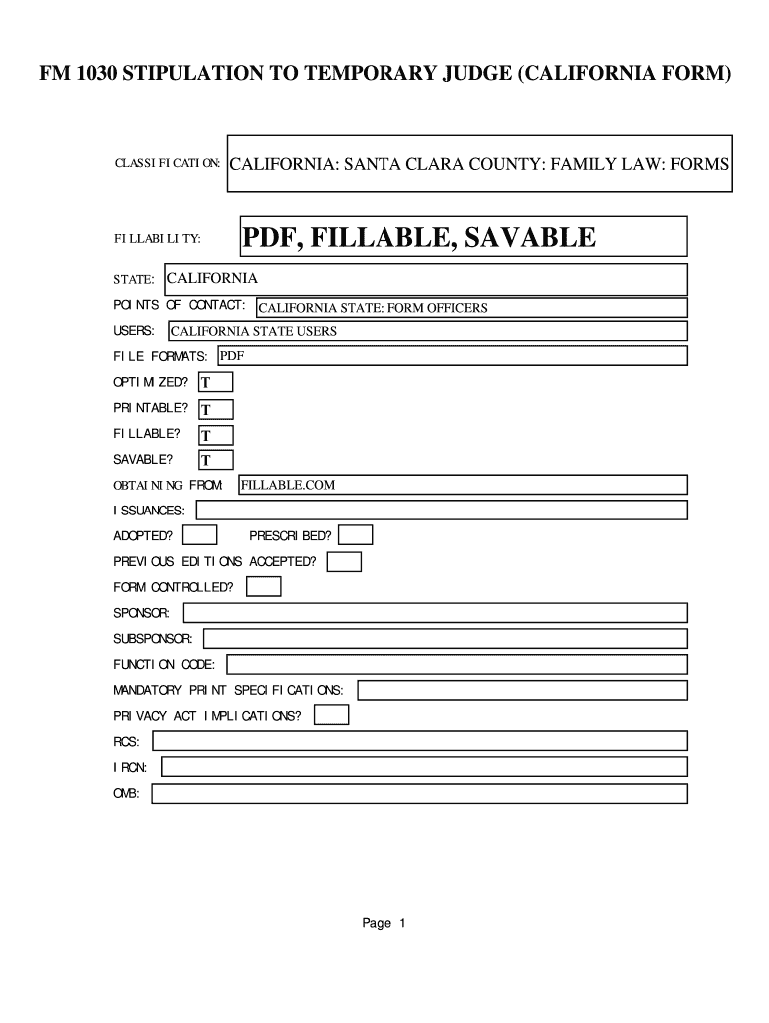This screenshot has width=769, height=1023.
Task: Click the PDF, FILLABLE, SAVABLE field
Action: pos(461,237)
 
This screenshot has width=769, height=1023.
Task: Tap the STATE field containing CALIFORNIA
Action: pos(424,279)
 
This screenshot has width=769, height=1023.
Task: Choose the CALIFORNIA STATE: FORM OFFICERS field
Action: pos(470,308)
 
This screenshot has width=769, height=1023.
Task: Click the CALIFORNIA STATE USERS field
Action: pos(426,331)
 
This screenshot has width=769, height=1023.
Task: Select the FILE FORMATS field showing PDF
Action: pos(450,356)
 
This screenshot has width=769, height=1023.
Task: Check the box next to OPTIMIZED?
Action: pos(215,382)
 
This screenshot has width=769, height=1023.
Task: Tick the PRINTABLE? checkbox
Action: pos(215,408)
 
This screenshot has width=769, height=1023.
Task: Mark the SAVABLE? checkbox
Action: pos(215,460)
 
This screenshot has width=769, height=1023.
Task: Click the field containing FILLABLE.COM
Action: pos(462,485)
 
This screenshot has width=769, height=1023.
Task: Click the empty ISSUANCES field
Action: pos(440,511)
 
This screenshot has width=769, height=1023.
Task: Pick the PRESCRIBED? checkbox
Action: pos(356,536)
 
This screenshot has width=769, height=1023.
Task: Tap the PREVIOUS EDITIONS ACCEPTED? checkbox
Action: pos(344,562)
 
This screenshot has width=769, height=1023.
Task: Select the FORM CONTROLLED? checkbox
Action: pos(264,587)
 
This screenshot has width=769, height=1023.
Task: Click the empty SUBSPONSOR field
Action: pos(444,638)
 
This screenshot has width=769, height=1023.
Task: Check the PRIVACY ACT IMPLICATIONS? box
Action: pos(332,715)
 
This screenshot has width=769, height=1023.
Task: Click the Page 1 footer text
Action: pos(384,924)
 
